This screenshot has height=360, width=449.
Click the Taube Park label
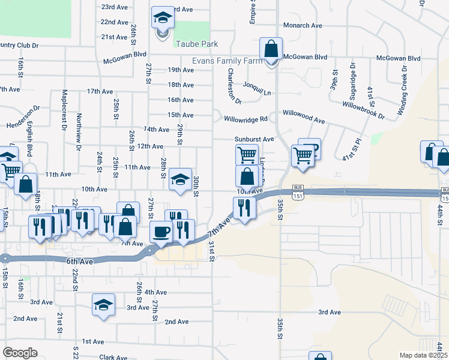196,44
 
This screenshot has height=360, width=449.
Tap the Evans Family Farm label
227,61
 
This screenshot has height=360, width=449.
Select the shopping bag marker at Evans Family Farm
271,49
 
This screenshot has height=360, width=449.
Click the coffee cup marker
161,232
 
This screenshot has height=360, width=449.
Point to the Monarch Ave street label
303,26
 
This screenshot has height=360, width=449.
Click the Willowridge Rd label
246,119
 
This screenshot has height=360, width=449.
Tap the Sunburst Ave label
254,139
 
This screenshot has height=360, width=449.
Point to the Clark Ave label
113,358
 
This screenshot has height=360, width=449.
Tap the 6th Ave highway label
80,262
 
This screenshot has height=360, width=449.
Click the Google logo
20,353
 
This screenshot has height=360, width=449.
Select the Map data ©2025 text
423,355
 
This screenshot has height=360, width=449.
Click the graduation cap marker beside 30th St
179,179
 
